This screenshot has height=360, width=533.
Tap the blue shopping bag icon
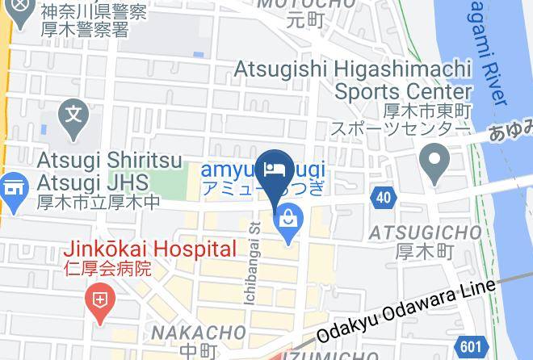point(287,217)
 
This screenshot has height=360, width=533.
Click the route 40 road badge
point(384,196)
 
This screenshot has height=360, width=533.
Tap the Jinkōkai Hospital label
point(151,249)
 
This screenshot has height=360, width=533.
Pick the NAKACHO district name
point(199,333)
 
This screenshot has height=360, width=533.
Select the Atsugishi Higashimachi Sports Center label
point(352,81)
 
